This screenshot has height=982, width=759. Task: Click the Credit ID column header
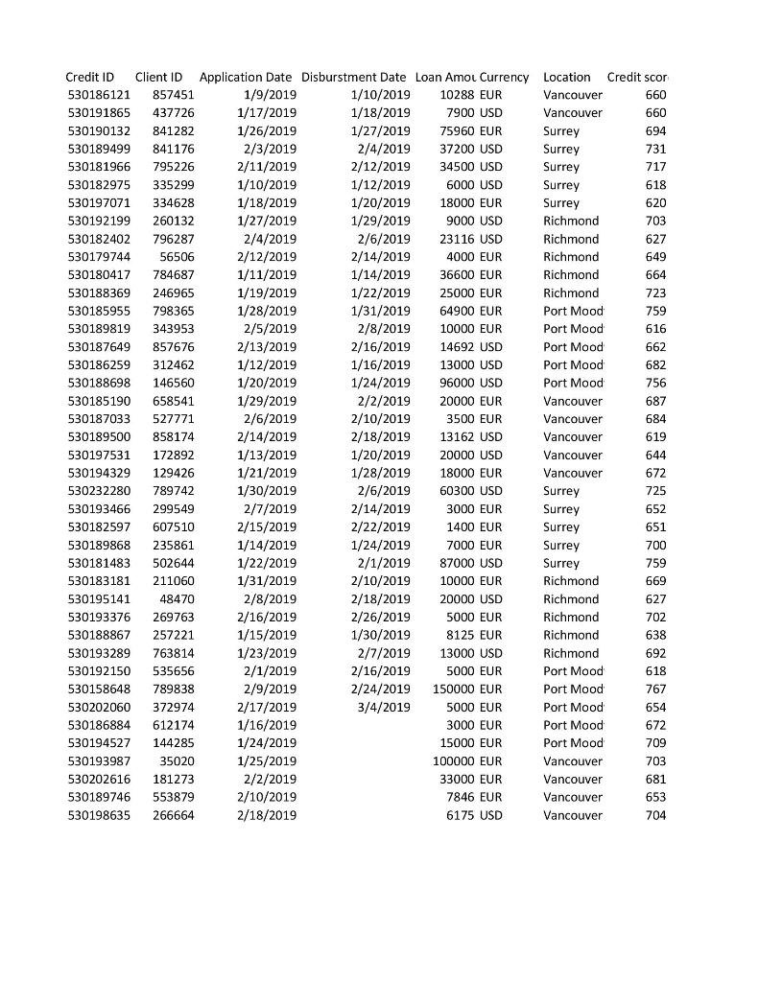point(90,77)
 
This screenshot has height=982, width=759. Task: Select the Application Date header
point(246,77)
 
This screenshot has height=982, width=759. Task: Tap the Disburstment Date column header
point(353,77)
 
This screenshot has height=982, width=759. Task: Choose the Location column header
point(567,77)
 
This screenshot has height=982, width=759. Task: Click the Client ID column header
point(159,77)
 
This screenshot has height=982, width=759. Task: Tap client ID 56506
point(177,257)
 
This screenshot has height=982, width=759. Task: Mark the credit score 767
point(655,689)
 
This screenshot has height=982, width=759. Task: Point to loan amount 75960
point(458,130)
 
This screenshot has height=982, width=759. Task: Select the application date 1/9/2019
point(271,95)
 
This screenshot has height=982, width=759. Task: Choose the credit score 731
point(655,149)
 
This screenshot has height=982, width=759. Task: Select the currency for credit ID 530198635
point(490,815)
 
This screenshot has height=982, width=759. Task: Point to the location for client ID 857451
point(573,95)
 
